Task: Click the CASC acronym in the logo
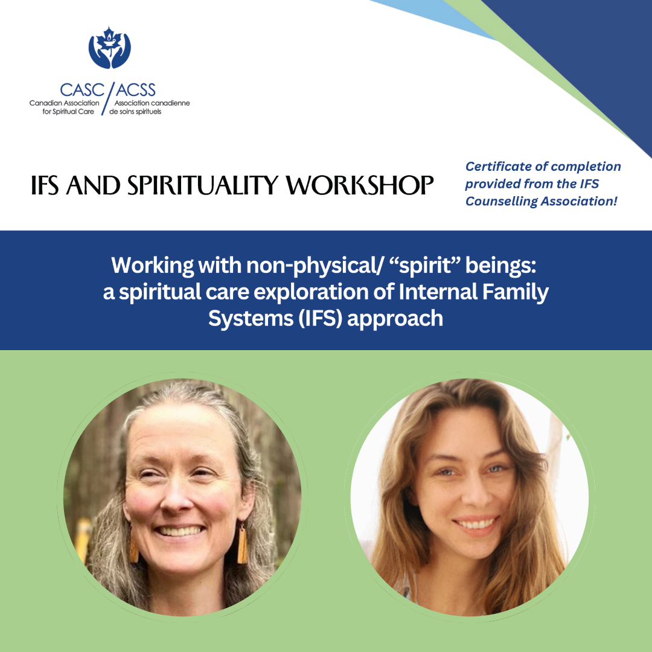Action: (x=81, y=90)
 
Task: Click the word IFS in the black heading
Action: (x=47, y=186)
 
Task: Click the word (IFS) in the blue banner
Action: (x=319, y=318)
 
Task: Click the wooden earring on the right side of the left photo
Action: (x=243, y=543)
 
